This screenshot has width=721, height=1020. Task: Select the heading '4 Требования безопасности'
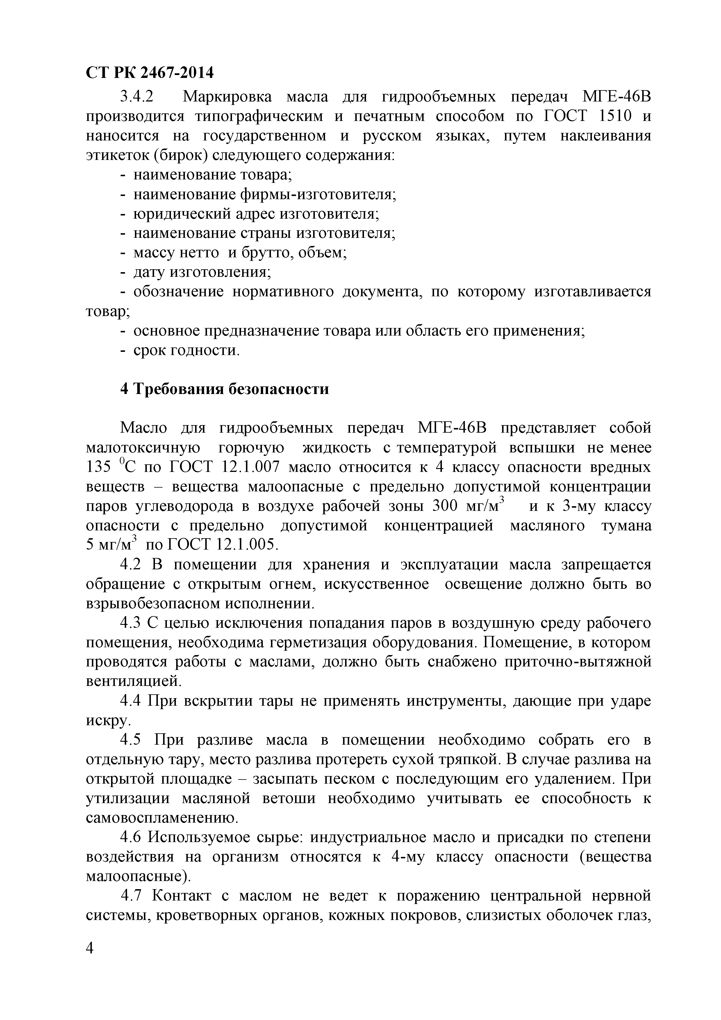point(225,389)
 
